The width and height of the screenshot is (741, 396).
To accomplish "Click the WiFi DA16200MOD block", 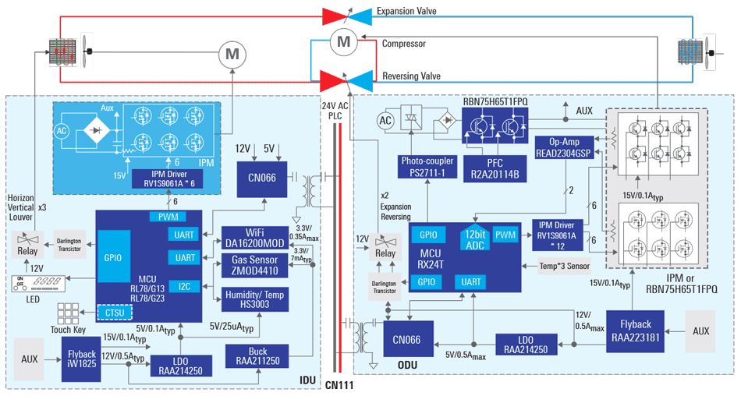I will point(254,238).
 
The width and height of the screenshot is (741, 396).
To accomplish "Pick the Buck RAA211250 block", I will point(257,357).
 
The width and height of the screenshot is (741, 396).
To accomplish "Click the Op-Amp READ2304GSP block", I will point(563,148).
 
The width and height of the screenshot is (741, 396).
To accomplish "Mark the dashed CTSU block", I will point(115,313).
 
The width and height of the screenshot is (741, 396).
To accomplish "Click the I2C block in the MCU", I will point(184,286).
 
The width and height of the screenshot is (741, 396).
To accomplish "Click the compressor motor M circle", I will point(343,44).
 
